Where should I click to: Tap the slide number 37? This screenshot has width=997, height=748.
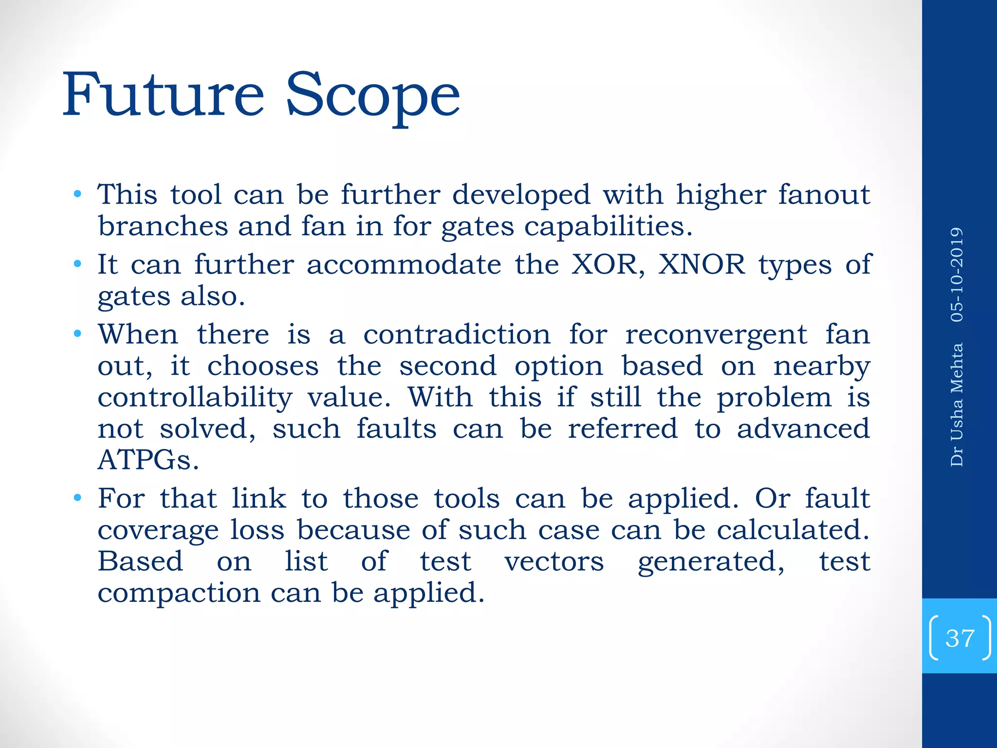pos(960,638)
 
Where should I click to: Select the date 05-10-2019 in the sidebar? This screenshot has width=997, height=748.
pos(957,275)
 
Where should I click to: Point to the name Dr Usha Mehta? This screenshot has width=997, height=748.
pos(957,405)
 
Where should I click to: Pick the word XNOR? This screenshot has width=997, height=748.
pos(702,264)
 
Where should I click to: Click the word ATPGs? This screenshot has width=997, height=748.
pos(148,460)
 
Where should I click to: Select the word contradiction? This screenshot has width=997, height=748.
pos(457,335)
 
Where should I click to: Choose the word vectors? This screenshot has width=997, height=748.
pos(554,561)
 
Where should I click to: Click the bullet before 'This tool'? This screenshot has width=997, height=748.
pos(77,195)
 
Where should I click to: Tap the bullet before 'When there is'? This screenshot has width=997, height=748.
pos(77,335)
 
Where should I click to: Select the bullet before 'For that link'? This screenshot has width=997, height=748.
pos(77,499)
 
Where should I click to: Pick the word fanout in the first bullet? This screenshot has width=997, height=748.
pos(823,195)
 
